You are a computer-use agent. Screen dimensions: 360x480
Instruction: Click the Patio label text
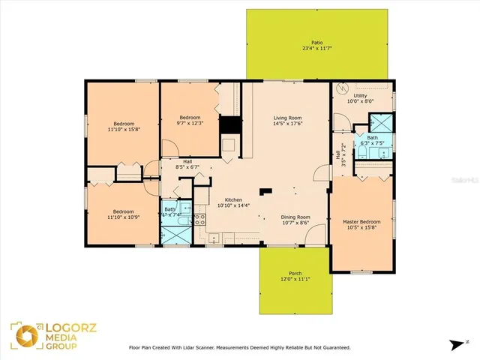(317, 43)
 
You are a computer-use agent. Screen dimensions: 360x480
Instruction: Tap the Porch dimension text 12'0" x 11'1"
(295, 280)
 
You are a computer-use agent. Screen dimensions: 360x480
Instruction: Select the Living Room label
(287, 118)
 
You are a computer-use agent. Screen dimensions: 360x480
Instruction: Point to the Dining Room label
(295, 217)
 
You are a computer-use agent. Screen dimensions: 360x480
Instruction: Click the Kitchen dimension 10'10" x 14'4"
(229, 205)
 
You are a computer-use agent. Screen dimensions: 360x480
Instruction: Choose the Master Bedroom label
(361, 222)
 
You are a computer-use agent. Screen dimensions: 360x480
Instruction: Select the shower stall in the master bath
(382, 123)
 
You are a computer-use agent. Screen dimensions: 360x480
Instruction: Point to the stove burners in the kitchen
(200, 220)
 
